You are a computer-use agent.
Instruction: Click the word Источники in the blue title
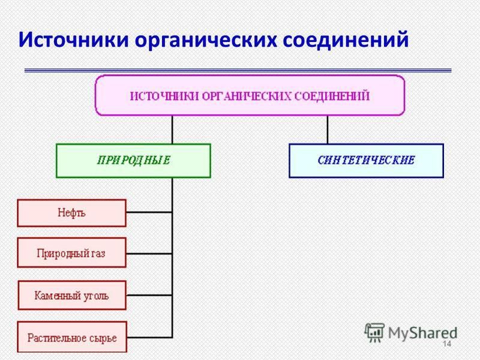coord(73,39)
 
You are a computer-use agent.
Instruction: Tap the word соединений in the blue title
coord(346,39)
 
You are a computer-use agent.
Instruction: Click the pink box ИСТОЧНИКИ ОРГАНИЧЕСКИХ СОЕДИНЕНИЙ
coord(250,95)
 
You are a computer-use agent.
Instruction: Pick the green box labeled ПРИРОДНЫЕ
coord(133,161)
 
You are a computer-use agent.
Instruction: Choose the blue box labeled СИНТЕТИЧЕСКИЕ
coord(366,161)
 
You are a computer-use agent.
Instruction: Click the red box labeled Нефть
coord(71,213)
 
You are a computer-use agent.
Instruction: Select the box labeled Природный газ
coord(71,253)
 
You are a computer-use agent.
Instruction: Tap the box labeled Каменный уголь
coord(72,295)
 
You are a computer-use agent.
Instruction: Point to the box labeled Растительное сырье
coord(72,337)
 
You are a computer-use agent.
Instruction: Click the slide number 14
coord(447,344)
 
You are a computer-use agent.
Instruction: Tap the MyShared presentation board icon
coord(374,333)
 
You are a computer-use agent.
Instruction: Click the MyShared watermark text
coord(422,333)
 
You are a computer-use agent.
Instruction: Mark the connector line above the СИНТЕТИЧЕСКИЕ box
coord(328,130)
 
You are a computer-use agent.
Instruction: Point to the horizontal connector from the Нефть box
coord(149,212)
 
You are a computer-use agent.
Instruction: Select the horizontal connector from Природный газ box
coord(149,253)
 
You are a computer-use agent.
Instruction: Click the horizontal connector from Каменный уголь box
coord(149,295)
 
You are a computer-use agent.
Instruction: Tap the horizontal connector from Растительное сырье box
coord(149,337)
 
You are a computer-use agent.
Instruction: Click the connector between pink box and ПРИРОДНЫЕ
coord(172,130)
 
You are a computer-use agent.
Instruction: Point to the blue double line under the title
coord(238,70)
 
